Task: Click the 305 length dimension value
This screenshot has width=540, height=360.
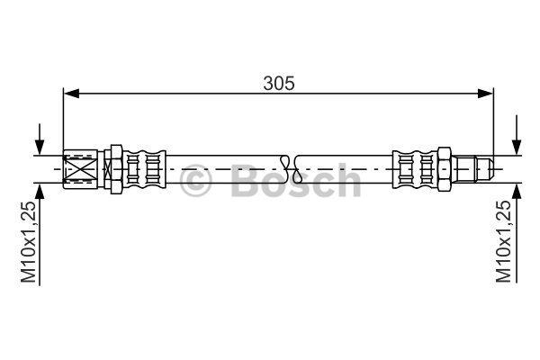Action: click(x=279, y=84)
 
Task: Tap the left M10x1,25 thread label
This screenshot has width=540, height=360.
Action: click(x=29, y=242)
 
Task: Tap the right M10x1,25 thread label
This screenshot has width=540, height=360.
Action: click(x=503, y=242)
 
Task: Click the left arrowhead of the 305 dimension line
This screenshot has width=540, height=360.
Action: click(x=71, y=93)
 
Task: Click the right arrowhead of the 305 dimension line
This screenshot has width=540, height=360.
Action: click(x=486, y=93)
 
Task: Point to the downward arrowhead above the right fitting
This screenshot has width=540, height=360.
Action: click(x=517, y=147)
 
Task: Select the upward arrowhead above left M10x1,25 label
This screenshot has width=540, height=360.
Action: click(x=40, y=192)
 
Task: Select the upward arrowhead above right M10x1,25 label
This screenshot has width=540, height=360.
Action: click(x=517, y=192)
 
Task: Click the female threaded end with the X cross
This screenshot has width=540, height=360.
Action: click(x=81, y=169)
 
